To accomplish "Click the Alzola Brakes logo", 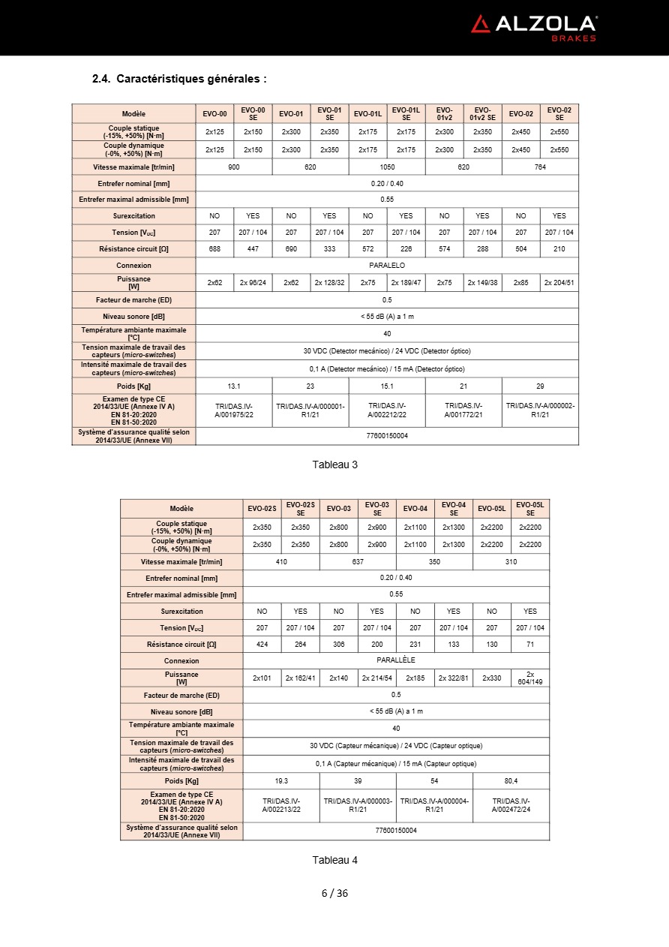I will (x=534, y=27).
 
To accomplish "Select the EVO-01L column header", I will (x=367, y=114).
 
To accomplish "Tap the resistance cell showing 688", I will (x=214, y=248).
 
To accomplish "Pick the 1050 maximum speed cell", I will (x=387, y=167).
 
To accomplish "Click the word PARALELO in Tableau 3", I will (x=387, y=266).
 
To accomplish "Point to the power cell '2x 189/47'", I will (x=406, y=283).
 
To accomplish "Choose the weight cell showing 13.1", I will (x=234, y=386).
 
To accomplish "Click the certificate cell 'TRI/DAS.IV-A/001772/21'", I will (x=463, y=410).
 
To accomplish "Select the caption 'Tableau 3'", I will (x=334, y=464).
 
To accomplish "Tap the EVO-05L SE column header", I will (x=530, y=509).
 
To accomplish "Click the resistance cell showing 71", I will (x=530, y=645).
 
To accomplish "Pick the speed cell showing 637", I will (x=358, y=561).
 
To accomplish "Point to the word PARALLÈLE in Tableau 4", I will (x=396, y=660).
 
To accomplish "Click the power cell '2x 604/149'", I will (x=530, y=678).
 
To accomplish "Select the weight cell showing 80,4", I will (x=511, y=781).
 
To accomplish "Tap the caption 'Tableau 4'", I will (x=334, y=860).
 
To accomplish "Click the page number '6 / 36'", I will (x=334, y=893).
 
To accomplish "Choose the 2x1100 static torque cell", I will (x=415, y=528).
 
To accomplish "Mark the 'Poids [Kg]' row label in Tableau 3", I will (x=134, y=386).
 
